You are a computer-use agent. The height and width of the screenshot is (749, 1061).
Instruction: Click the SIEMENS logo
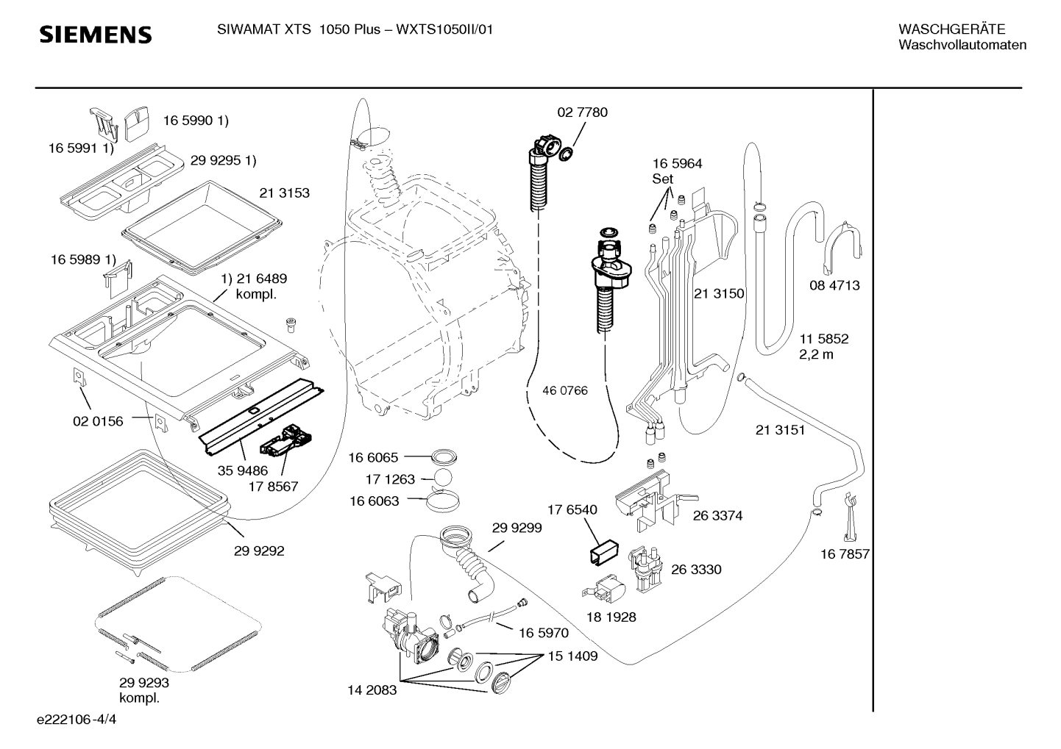96,35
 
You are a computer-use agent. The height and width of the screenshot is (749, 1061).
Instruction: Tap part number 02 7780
582,112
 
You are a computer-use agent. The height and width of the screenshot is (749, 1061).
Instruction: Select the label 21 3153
284,193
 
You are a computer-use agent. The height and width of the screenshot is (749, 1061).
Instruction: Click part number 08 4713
834,285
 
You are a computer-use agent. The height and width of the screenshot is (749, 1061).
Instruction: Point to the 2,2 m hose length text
816,354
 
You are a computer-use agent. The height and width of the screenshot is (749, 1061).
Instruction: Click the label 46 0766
564,390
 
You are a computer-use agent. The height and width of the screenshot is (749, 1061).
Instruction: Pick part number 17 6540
572,509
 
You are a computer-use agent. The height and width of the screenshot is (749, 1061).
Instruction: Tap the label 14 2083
372,690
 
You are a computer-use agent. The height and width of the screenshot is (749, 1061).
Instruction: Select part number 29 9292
259,551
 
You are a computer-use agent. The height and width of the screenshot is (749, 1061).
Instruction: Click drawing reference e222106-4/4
77,720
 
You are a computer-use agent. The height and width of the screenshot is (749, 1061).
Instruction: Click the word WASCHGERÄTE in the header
951,29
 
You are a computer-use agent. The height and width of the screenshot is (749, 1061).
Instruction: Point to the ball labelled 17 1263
442,479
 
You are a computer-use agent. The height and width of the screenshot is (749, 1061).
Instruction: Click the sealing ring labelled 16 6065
444,457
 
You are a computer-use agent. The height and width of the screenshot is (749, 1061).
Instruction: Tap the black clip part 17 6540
604,552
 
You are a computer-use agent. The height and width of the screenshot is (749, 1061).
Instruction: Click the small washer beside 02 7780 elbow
566,154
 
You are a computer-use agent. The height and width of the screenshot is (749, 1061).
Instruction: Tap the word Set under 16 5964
662,179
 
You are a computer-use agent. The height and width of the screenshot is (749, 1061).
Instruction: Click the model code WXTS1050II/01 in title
444,29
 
